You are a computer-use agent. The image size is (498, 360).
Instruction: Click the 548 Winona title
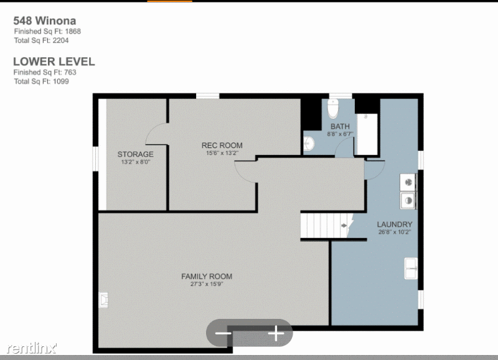pyautogui.click(x=44, y=21)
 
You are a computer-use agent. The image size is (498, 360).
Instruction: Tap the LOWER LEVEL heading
pyautogui.click(x=54, y=62)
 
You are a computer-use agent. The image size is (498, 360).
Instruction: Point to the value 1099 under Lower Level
pyautogui.click(x=61, y=82)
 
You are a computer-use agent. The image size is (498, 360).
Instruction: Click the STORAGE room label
pyautogui.click(x=136, y=154)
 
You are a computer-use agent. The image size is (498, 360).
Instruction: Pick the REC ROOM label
pyautogui.click(x=222, y=146)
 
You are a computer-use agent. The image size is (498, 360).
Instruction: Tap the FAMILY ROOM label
pyautogui.click(x=207, y=277)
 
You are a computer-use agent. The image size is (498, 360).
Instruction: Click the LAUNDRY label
pyautogui.click(x=395, y=224)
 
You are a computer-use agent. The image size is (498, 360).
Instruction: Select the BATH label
pyautogui.click(x=340, y=126)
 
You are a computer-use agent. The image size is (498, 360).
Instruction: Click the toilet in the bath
pyautogui.click(x=333, y=108)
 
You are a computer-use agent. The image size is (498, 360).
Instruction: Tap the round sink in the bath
pyautogui.click(x=308, y=144)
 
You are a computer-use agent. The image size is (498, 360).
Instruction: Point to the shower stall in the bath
pyautogui.click(x=367, y=134)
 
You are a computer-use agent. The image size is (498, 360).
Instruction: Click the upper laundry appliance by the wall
pyautogui.click(x=408, y=182)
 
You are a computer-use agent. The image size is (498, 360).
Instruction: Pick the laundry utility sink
pyautogui.click(x=411, y=269)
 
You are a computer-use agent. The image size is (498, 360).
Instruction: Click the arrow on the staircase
pyautogui.click(x=344, y=225)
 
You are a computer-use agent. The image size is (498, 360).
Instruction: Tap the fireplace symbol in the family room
pyautogui.click(x=103, y=300)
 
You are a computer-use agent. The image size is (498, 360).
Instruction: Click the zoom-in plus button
pyautogui.click(x=276, y=333)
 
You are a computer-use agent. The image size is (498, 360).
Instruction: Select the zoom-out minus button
pyautogui.click(x=223, y=333)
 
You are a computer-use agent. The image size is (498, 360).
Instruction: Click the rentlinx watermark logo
pyautogui.click(x=32, y=348)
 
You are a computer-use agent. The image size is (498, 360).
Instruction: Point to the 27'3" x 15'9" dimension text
pyautogui.click(x=207, y=284)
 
